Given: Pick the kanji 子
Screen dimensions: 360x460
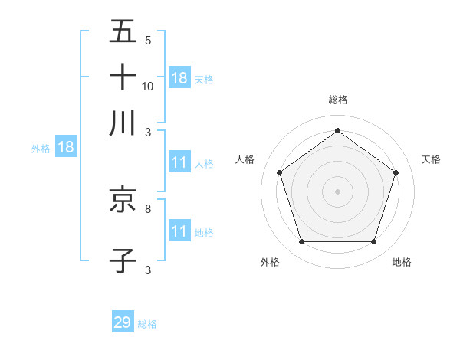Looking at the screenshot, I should (123, 260).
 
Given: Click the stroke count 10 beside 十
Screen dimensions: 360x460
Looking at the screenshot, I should (148, 86).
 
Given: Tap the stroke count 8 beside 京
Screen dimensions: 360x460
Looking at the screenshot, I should (148, 208).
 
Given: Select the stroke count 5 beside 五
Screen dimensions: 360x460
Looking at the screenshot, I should (148, 40).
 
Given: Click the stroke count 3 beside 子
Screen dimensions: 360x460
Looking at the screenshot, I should (148, 270).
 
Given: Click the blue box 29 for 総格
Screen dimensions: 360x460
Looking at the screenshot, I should (123, 322).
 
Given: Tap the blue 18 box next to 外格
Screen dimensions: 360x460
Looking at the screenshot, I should (66, 148).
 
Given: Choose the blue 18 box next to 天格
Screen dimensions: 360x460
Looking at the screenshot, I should (179, 77).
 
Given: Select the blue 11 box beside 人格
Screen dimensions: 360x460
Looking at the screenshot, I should (179, 162).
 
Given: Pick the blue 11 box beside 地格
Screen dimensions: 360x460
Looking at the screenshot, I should (179, 231).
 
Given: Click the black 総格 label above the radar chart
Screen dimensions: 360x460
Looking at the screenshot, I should (338, 100).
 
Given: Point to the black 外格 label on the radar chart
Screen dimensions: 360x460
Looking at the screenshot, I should (270, 262).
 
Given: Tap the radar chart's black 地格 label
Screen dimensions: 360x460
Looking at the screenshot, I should (402, 262).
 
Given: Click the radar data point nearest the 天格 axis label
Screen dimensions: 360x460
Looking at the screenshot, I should (396, 172).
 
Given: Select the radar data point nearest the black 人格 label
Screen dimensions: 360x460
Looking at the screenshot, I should (280, 172).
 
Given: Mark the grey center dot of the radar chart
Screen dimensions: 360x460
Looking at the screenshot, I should (338, 191).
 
